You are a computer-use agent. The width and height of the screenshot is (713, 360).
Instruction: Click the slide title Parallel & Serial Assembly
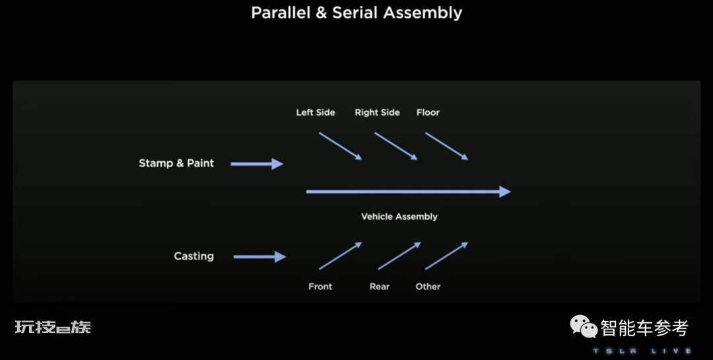pyautogui.click(x=356, y=13)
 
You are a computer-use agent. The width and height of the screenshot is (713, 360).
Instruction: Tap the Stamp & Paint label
pyautogui.click(x=176, y=163)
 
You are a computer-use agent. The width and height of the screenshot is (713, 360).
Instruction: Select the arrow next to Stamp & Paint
pyautogui.click(x=257, y=164)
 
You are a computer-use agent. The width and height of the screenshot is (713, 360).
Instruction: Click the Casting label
pyautogui.click(x=193, y=256)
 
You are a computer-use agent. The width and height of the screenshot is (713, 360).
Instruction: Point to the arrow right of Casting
pyautogui.click(x=259, y=257)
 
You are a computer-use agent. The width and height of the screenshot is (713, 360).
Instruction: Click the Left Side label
pyautogui.click(x=316, y=112)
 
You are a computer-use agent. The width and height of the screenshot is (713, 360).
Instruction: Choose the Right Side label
pyautogui.click(x=378, y=112)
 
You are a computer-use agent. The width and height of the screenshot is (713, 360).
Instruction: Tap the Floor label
pyautogui.click(x=428, y=112)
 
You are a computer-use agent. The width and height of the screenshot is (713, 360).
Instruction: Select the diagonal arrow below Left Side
pyautogui.click(x=341, y=146)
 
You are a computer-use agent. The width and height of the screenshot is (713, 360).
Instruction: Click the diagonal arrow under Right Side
pyautogui.click(x=396, y=146)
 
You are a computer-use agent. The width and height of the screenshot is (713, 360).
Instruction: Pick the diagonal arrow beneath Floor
pyautogui.click(x=447, y=146)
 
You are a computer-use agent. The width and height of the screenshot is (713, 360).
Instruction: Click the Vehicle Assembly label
pyautogui.click(x=399, y=217)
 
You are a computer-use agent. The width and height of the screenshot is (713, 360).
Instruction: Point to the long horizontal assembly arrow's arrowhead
pyautogui.click(x=505, y=192)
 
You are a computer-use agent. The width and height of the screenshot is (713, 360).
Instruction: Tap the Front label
pyautogui.click(x=320, y=286)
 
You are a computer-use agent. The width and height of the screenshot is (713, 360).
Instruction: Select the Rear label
pyautogui.click(x=380, y=286)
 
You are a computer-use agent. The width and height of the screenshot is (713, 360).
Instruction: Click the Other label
pyautogui.click(x=428, y=286)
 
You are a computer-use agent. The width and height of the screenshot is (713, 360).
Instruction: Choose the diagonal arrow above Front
pyautogui.click(x=341, y=256)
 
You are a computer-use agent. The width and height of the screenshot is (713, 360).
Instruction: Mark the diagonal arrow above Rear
pyautogui.click(x=399, y=256)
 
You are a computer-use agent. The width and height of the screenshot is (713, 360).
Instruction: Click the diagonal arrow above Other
pyautogui.click(x=447, y=256)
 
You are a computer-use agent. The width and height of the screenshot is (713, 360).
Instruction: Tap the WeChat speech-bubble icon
pyautogui.click(x=584, y=327)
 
